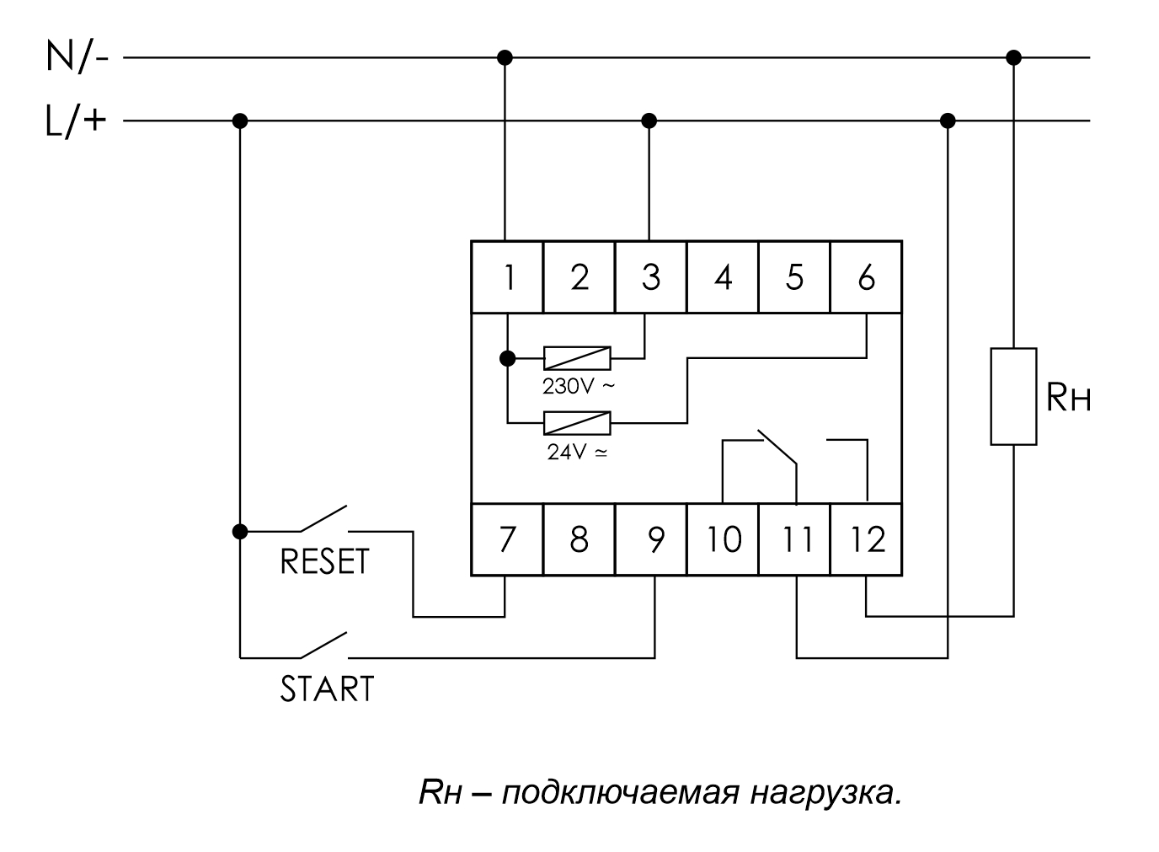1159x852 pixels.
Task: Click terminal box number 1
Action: (x=506, y=277)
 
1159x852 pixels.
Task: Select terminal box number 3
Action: (x=650, y=277)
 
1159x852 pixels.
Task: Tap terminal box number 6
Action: (x=866, y=277)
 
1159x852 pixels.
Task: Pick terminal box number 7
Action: (x=506, y=539)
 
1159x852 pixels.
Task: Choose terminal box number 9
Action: (x=650, y=539)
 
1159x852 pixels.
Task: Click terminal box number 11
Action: (x=795, y=539)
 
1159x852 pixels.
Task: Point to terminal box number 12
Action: (x=867, y=539)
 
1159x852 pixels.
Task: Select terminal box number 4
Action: (x=723, y=277)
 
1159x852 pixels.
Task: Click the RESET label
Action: (x=324, y=562)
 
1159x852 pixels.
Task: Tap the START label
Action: (x=327, y=689)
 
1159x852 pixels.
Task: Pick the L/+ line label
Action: (x=77, y=121)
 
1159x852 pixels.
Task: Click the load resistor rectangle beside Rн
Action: (x=1013, y=396)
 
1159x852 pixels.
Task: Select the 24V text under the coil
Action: (x=577, y=452)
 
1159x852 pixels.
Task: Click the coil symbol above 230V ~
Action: (x=577, y=358)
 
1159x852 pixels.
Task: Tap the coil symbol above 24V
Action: (x=577, y=421)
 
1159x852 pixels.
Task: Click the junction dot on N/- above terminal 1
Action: (x=505, y=57)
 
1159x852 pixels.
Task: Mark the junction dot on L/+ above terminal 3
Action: (x=649, y=121)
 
